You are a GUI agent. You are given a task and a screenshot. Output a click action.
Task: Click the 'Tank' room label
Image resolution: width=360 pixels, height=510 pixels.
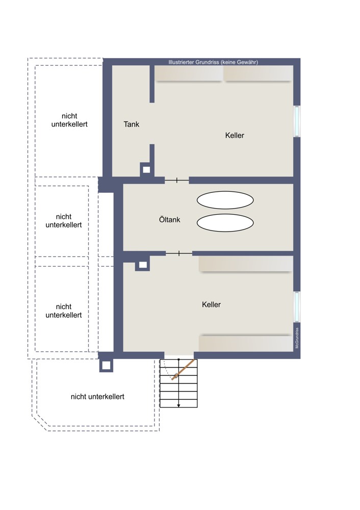coord(132,124)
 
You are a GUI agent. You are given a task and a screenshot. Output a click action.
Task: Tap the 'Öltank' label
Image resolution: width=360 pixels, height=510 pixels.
coord(169,220)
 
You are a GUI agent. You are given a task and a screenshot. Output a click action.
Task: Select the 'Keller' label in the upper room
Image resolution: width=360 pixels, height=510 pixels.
coord(235,135)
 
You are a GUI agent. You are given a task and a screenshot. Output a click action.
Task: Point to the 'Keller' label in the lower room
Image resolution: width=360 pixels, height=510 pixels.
coord(212,304)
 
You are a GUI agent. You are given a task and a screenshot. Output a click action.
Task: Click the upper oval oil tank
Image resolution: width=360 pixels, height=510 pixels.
coord(225,200)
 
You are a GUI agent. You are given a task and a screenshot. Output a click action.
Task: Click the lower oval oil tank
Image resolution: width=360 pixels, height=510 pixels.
coord(225,223)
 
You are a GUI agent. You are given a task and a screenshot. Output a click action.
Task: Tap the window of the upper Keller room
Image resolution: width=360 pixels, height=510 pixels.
coord(297,121)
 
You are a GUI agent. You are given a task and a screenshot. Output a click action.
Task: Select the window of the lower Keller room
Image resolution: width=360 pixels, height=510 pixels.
coord(297,307)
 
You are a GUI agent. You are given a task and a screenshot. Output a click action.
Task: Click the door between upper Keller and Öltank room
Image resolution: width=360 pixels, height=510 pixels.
coord(176,180)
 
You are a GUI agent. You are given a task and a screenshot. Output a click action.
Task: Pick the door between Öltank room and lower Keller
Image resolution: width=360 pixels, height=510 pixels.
coord(179,253)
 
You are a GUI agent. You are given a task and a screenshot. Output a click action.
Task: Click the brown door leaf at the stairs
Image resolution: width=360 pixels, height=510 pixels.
coord(184,369)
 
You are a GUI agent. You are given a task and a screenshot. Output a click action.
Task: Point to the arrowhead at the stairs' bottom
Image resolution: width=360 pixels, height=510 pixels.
coord(178,405)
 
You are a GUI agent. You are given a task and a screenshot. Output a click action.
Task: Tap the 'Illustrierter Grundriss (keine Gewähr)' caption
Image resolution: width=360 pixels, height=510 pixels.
coord(213,62)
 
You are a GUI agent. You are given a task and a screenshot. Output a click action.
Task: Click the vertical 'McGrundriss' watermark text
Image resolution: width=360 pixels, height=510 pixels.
coord(297,338)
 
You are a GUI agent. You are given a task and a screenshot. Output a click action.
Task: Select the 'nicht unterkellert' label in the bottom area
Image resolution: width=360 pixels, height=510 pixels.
coord(97,397)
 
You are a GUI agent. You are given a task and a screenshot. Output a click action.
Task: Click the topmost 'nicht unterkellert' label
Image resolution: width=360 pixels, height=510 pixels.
coord(69,120)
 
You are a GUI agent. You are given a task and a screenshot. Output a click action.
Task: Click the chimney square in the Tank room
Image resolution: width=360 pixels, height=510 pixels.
coord(147,169)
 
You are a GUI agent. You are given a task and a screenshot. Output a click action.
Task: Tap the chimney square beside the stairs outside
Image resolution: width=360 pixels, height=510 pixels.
coord(106,366)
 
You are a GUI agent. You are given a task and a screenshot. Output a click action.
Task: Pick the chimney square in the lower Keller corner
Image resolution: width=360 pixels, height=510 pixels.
coord(143,265)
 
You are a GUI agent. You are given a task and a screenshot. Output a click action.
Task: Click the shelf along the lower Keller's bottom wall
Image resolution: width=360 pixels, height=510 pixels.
coord(246,343)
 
